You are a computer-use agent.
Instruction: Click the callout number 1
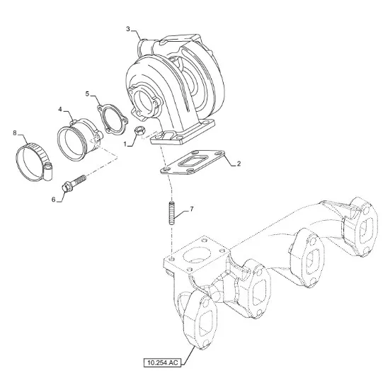125,144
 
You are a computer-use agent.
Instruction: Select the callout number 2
239,163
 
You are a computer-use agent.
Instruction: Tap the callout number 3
128,29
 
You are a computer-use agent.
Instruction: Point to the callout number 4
60,109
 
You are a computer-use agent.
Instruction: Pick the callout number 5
87,93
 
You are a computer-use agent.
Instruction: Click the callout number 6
54,200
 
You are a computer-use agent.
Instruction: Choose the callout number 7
192,209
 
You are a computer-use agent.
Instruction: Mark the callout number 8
15,133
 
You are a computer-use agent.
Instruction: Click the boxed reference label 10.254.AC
163,362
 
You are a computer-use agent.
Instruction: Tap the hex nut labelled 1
139,131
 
